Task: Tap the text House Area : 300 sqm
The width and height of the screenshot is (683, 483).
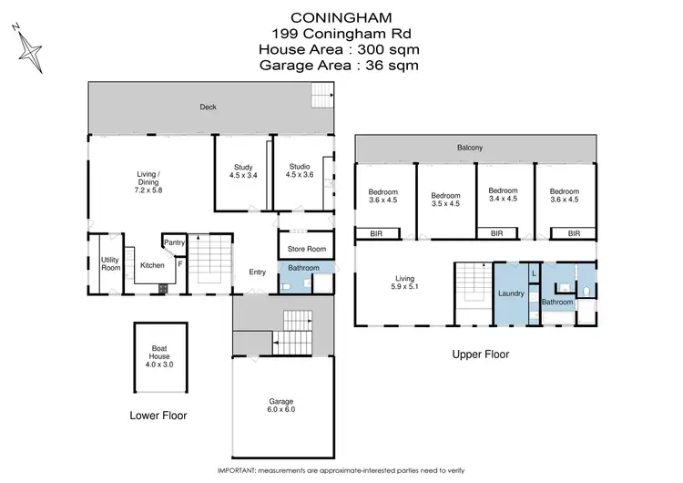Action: point(340,49)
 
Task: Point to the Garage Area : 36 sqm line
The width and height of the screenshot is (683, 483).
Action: point(340,65)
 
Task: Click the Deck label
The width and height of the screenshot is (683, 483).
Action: point(209,107)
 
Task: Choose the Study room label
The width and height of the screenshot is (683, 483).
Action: point(242,170)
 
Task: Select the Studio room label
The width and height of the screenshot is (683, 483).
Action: point(300,170)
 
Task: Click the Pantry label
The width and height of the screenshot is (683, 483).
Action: point(175,242)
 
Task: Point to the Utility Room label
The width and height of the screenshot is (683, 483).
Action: point(110,264)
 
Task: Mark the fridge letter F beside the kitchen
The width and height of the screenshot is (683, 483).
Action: point(180,264)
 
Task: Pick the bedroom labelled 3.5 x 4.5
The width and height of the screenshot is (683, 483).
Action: point(445,200)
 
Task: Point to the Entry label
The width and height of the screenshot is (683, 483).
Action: point(257,272)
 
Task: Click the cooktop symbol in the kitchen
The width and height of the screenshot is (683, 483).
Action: point(163,289)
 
